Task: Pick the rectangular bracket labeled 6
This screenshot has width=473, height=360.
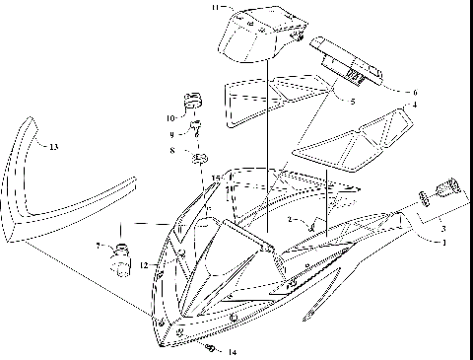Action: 347,62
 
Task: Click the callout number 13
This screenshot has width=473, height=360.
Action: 54,147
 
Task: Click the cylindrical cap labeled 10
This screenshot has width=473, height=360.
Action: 191,101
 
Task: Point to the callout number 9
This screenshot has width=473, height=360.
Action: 169,134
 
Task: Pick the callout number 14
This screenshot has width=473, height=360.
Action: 232,352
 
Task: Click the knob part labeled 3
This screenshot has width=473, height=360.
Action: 439,185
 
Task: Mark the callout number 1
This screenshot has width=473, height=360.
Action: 442,241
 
